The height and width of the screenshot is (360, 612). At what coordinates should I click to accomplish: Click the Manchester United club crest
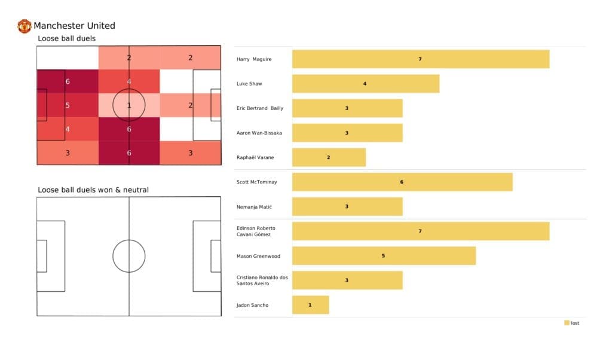24,26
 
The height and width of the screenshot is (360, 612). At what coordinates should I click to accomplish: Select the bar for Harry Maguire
420,59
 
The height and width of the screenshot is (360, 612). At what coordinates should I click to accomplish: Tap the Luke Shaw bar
365,84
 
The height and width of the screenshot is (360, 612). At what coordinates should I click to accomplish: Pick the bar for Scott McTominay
402,182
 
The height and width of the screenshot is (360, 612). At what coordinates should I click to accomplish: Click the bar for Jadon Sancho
310,305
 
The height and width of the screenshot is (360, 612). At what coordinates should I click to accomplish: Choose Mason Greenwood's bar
384,256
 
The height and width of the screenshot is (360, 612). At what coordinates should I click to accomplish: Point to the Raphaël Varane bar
329,157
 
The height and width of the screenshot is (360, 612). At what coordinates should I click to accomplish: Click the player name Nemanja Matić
255,207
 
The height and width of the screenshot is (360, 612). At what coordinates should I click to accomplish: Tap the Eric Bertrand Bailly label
260,108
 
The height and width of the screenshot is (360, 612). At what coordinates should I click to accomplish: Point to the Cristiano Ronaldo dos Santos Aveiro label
262,280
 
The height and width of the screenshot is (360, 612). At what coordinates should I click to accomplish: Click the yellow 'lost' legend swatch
567,323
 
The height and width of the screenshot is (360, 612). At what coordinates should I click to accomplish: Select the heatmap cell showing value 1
128,105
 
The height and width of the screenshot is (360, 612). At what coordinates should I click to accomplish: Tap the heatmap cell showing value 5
68,105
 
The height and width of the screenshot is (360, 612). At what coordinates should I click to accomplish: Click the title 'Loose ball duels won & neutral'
93,190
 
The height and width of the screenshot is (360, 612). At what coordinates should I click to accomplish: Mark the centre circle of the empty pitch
129,256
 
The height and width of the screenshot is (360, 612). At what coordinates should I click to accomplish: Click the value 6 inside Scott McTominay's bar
402,182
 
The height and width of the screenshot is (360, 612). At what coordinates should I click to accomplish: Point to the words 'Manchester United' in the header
74,26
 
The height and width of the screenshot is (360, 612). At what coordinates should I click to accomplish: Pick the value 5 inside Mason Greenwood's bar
384,256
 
